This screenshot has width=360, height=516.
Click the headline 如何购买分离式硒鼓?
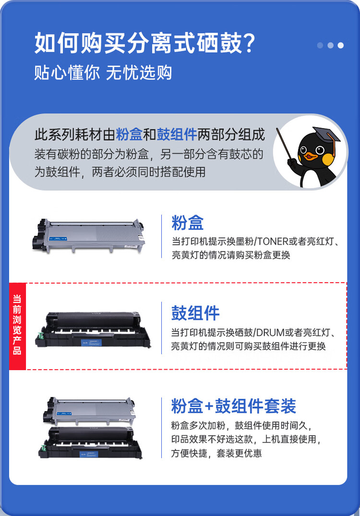click(144, 44)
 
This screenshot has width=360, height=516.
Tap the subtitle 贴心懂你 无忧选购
click(103, 72)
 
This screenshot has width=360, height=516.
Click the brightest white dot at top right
click(340, 46)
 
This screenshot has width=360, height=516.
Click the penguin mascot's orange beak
click(312, 156)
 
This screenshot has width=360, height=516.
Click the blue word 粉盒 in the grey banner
click(129, 134)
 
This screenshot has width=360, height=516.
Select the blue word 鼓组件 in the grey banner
click(177, 134)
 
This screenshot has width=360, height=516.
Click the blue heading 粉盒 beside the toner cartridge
click(188, 223)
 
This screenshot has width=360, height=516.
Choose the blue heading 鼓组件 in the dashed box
click(195, 313)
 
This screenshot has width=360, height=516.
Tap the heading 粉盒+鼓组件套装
click(233, 406)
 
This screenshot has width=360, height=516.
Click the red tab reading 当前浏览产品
click(17, 325)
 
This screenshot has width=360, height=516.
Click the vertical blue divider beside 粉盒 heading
click(162, 236)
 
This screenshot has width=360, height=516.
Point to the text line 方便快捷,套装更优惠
click(216, 453)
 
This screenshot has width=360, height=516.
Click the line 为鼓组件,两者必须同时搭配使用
click(120, 171)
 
